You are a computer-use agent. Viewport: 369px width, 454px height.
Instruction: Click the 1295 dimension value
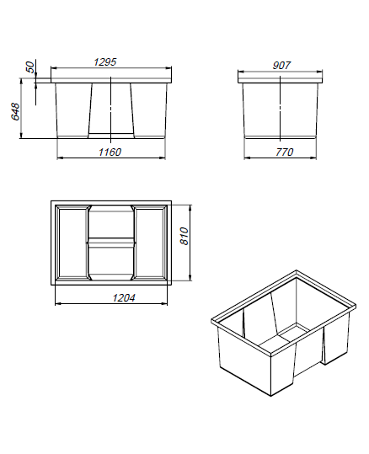click(104, 62)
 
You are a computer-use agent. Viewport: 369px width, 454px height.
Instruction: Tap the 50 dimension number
click(30, 67)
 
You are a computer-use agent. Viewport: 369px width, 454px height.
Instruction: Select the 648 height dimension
click(15, 111)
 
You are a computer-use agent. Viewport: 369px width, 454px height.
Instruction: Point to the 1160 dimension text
click(110, 152)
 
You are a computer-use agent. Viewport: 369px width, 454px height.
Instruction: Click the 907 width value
click(281, 66)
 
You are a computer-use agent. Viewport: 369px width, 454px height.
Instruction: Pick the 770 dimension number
click(284, 152)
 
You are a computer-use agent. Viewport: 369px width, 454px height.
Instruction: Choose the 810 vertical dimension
click(184, 236)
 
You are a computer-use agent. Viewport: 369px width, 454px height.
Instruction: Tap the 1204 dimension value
click(124, 297)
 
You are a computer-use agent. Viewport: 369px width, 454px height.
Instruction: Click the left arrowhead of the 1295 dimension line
click(54, 68)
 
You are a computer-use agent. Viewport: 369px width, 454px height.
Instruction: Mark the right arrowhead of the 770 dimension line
click(313, 158)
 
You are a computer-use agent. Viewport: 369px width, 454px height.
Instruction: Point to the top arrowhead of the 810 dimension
click(190, 209)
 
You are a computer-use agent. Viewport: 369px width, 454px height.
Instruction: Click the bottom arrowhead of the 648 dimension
click(21, 135)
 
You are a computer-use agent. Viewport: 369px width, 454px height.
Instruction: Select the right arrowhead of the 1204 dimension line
click(164, 303)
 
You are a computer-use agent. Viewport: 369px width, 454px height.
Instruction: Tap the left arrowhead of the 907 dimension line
click(242, 72)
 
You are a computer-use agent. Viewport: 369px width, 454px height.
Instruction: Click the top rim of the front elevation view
click(111, 80)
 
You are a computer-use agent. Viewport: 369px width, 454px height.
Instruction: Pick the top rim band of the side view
click(280, 80)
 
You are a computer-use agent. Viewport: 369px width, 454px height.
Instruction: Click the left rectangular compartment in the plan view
click(72, 243)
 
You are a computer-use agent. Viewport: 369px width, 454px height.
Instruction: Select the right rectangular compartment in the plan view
click(149, 243)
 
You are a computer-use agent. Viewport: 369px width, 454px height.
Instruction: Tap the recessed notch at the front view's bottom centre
click(111, 136)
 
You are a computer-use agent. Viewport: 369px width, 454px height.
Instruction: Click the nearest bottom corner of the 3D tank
click(270, 397)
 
